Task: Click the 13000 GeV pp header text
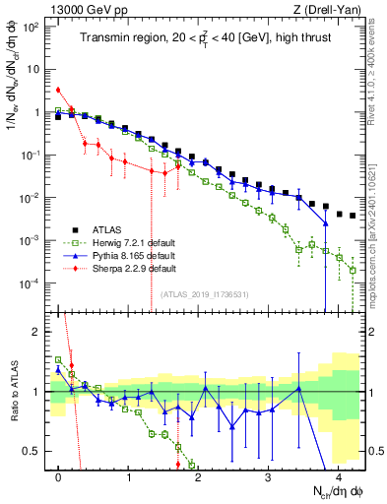[x=80, y=9]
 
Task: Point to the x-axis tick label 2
[x=199, y=476]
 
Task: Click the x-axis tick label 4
[x=338, y=476]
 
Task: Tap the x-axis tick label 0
[x=59, y=476]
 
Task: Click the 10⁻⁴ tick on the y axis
[x=30, y=283]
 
